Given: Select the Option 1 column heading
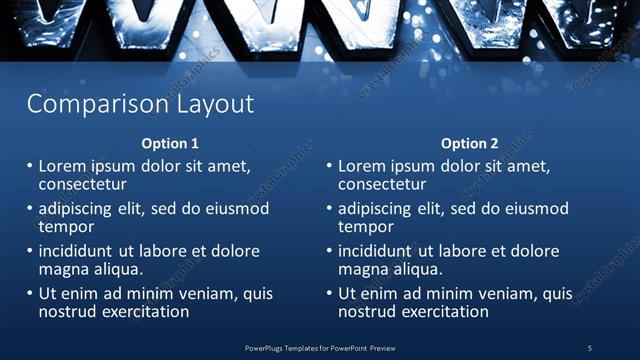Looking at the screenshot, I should [170, 143].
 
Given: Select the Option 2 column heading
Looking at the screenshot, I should [469, 143].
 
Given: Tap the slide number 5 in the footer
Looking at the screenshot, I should [590, 347].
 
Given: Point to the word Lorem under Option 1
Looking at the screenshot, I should [62, 166].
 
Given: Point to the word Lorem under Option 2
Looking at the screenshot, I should [362, 166].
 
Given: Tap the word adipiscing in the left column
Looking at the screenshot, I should [77, 209].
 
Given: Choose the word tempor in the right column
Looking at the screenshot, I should [366, 227].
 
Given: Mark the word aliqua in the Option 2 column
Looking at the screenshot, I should [417, 269].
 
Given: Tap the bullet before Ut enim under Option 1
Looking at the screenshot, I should [30, 294].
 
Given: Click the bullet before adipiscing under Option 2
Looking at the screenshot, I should [329, 209].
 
